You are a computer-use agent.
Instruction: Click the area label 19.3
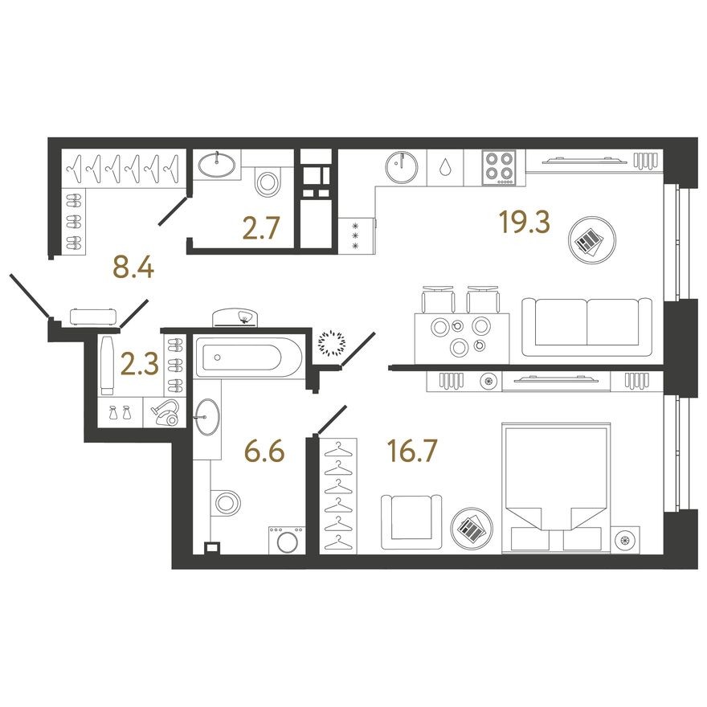523,223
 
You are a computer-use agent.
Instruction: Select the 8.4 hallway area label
133,268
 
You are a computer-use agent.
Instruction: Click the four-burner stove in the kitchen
500,169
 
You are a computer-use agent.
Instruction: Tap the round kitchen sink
401,169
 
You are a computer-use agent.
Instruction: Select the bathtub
248,354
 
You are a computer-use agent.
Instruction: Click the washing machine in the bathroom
286,539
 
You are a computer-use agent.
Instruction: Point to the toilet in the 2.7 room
266,182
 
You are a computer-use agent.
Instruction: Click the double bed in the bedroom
554,488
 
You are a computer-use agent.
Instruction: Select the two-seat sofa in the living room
587,326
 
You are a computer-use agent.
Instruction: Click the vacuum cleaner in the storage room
166,412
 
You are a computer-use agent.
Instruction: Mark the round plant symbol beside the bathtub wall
330,343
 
